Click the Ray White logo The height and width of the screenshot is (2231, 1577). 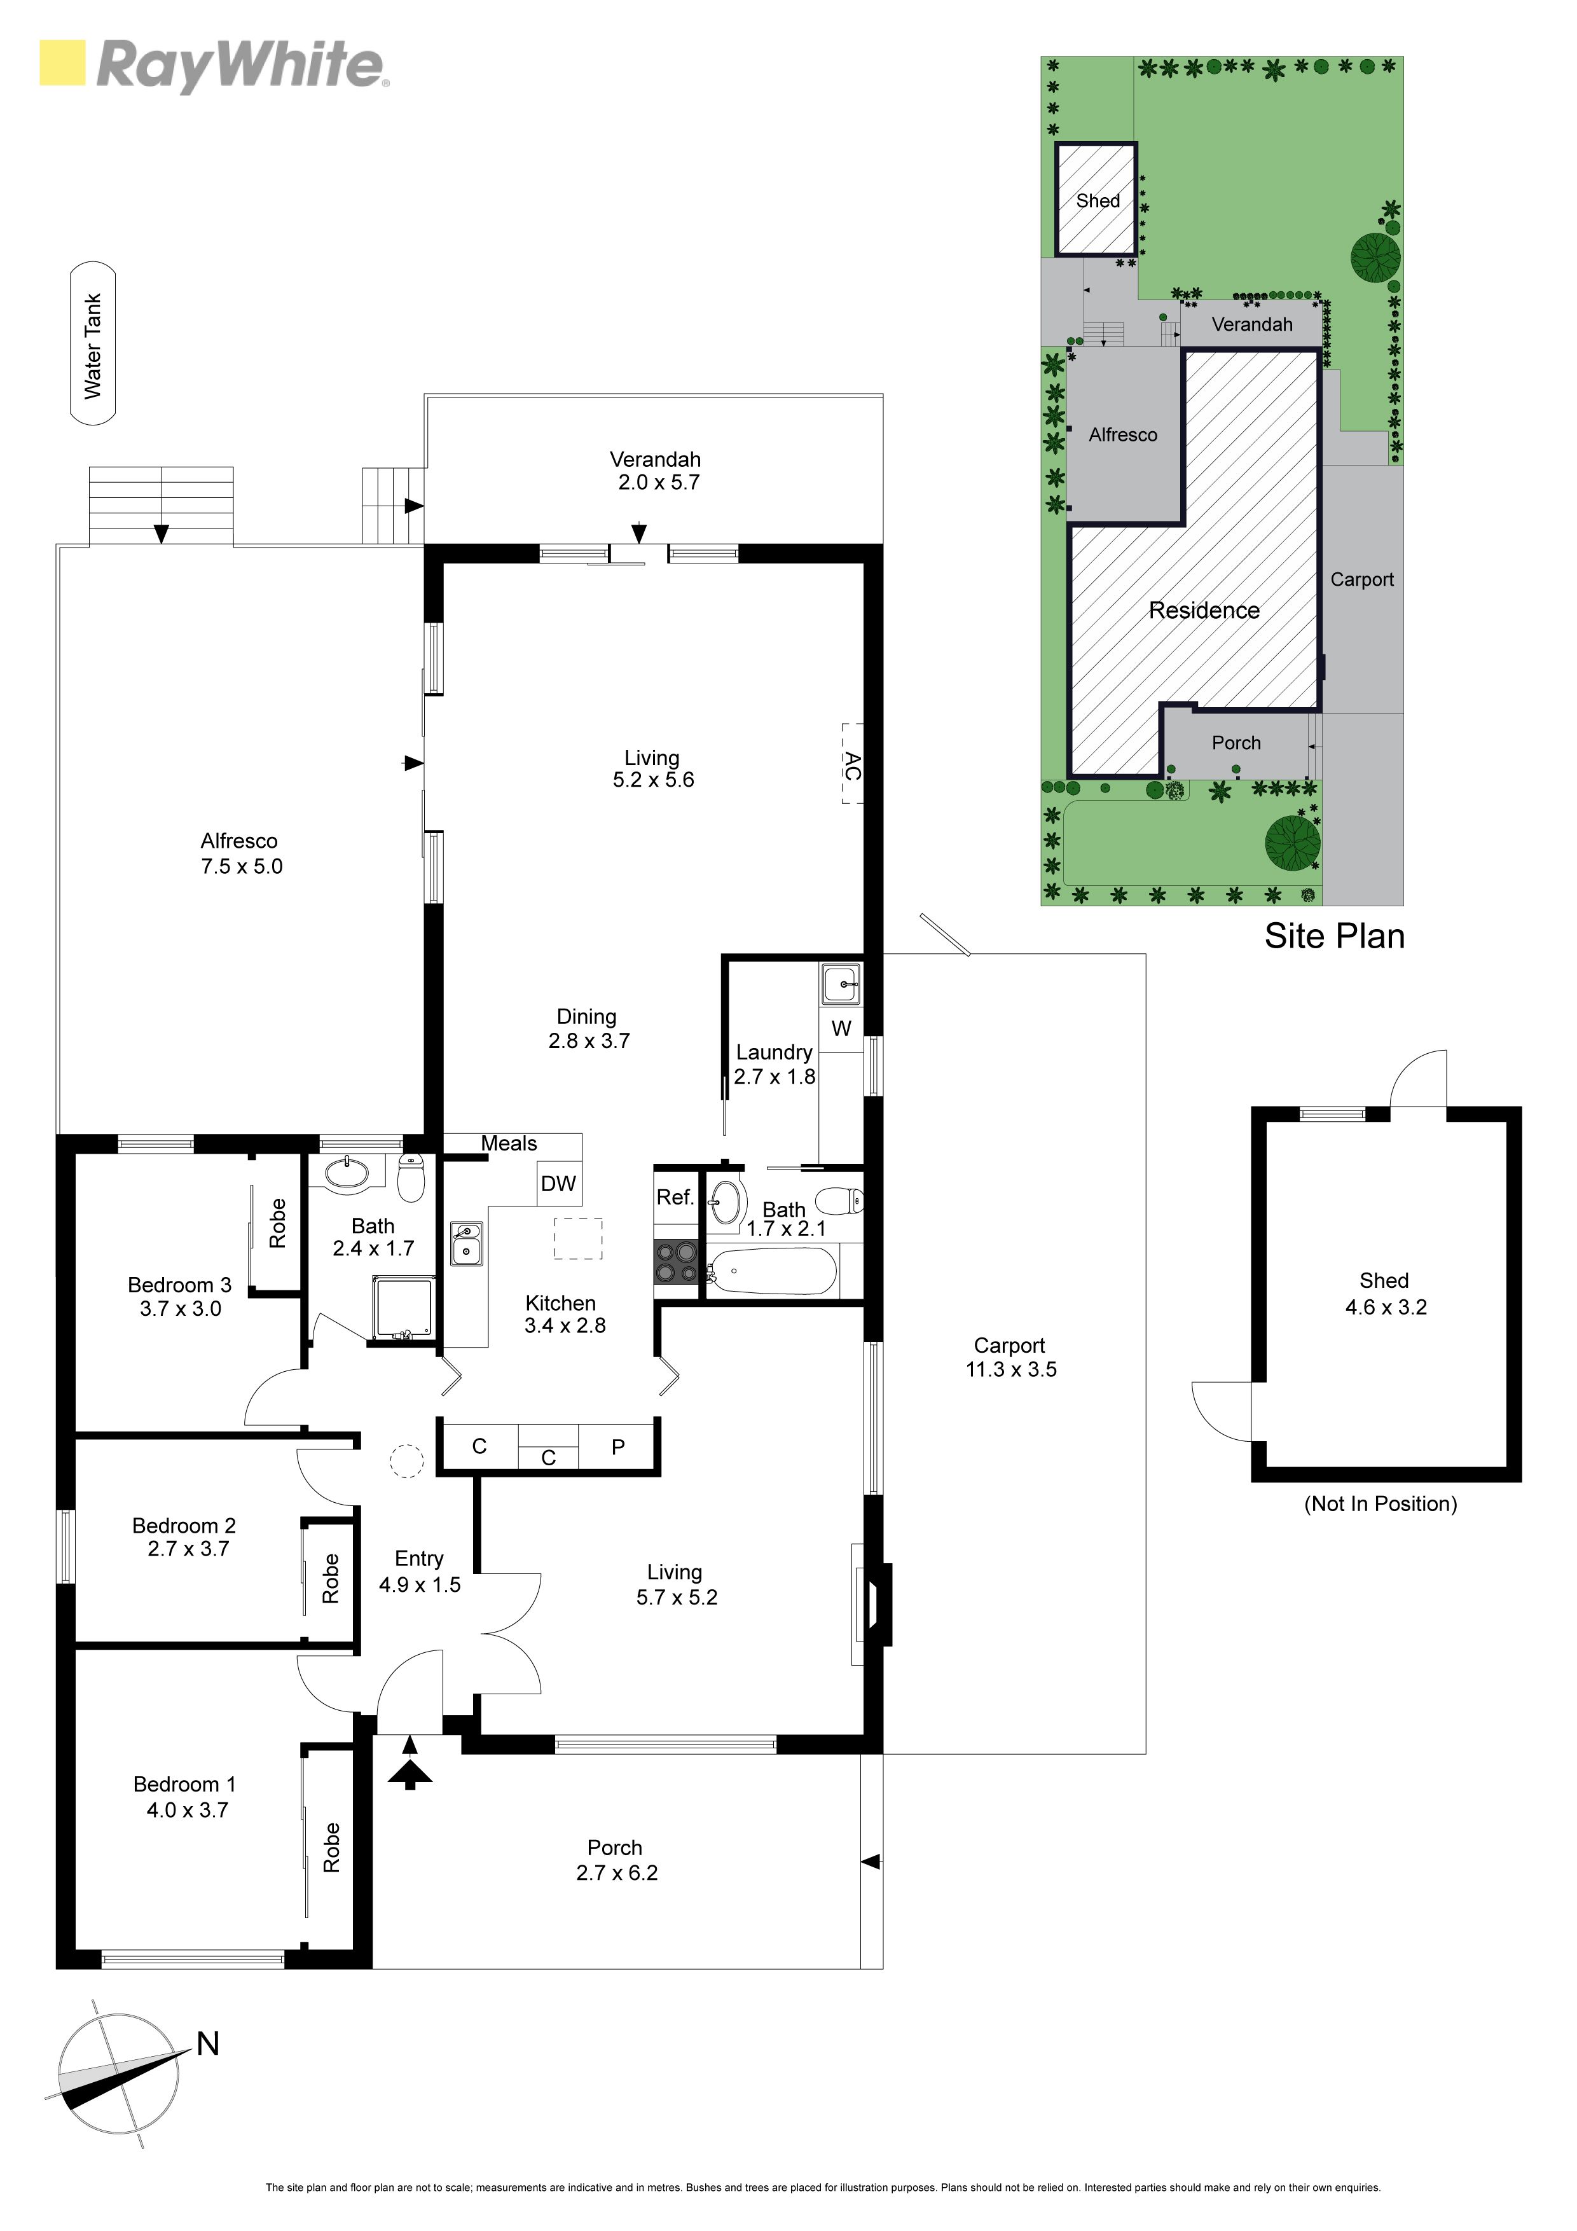click(214, 65)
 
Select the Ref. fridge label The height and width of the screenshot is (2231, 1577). click(674, 1197)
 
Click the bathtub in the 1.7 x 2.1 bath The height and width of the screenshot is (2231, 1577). click(773, 1271)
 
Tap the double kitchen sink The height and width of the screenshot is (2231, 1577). click(466, 1243)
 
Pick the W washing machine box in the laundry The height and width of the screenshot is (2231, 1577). click(841, 1028)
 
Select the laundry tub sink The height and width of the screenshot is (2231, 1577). click(841, 984)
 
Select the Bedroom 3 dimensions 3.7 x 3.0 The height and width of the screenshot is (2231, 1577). click(181, 1309)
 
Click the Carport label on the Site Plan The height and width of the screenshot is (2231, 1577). click(1361, 579)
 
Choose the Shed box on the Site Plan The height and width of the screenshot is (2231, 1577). click(1097, 200)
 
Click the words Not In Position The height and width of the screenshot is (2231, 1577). click(1381, 1504)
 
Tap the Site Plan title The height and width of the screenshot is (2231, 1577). click(1334, 936)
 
